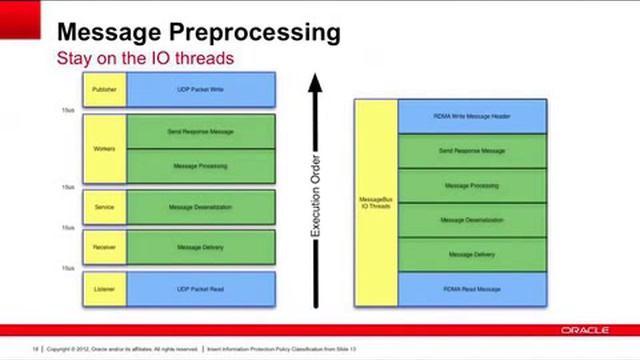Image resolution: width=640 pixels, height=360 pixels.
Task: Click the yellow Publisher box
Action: click(103, 89)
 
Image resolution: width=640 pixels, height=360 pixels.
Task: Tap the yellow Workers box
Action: click(103, 149)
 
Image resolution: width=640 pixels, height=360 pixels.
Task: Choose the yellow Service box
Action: click(103, 207)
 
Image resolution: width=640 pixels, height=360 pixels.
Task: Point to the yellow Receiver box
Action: click(103, 247)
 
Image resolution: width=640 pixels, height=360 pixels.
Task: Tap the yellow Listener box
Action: click(103, 289)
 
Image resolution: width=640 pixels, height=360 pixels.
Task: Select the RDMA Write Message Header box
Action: click(472, 116)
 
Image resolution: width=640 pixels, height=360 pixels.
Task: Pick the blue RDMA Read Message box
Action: click(472, 289)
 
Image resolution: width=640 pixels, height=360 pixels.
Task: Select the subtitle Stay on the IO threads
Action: click(144, 58)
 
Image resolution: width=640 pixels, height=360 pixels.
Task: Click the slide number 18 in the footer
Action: click(35, 349)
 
